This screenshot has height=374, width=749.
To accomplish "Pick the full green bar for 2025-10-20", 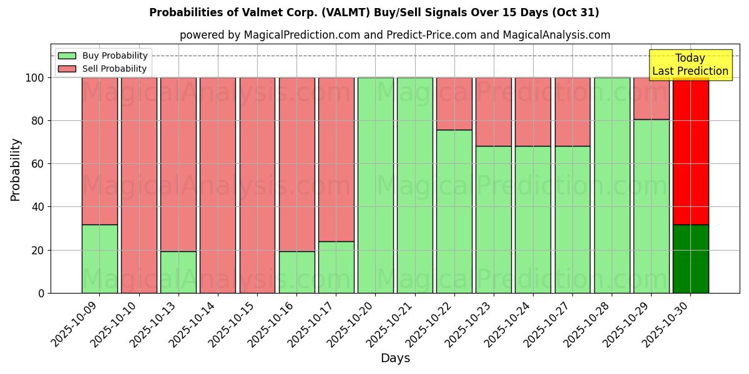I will pos(376,185).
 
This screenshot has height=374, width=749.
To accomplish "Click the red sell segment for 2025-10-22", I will pos(454,103).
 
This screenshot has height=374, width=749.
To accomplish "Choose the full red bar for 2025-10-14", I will pos(218,185).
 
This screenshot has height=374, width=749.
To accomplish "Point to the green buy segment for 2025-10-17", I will pos(336,267).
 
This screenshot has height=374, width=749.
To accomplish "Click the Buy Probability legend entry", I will pos(102,55).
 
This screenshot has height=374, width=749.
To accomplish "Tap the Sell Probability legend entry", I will pos(102,69).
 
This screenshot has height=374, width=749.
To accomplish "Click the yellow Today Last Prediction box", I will pos(690,65).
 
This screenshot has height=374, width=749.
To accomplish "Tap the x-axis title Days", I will pos(395,358).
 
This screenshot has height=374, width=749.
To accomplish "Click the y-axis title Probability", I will pos(16,170).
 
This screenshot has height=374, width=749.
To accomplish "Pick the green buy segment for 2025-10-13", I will pos(179,272).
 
